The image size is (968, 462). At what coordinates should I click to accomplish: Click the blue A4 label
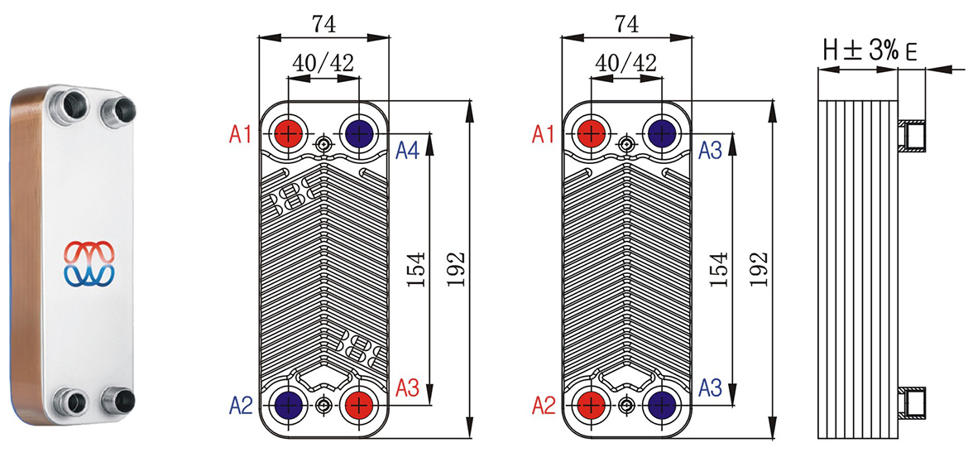[x=407, y=150]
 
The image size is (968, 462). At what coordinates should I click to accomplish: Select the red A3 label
[x=409, y=387]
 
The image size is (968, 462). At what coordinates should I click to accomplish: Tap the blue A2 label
[x=241, y=405]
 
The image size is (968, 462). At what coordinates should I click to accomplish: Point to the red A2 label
[x=543, y=405]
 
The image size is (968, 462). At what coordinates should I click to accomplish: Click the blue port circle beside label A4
[x=358, y=132]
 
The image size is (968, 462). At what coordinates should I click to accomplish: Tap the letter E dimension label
[x=911, y=54]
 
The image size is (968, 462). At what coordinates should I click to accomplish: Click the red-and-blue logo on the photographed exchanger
[x=89, y=262]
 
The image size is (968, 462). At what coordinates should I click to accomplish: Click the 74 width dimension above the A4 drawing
[x=323, y=25]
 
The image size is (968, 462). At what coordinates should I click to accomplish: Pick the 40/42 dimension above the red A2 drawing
[x=625, y=62]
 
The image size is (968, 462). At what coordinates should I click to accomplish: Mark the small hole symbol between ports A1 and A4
[x=323, y=147]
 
